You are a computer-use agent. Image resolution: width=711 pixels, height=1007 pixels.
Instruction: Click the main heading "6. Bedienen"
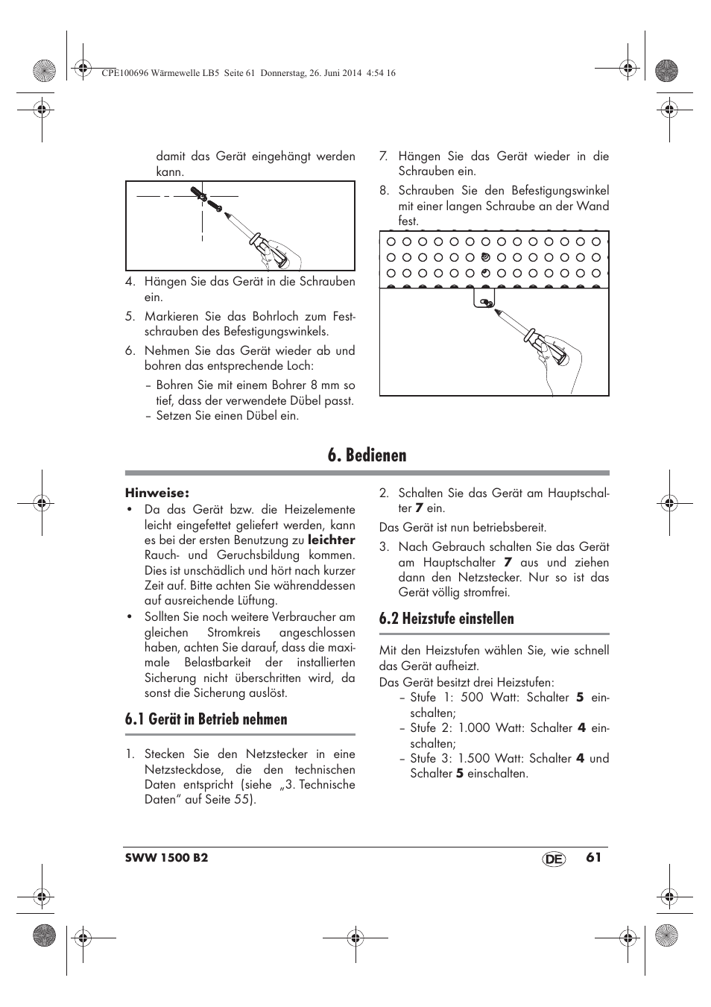[367, 455]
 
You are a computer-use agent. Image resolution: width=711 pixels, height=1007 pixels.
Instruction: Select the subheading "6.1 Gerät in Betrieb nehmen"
[206, 719]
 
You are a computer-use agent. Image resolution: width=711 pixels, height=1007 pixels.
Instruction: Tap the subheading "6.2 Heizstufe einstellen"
[446, 619]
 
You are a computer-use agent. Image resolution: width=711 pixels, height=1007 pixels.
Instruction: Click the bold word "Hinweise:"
[157, 493]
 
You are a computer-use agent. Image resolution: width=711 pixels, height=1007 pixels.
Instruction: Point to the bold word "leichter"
[332, 540]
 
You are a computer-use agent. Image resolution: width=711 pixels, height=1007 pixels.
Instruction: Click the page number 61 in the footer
[593, 857]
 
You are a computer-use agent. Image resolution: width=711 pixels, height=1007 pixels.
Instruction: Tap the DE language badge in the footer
[554, 859]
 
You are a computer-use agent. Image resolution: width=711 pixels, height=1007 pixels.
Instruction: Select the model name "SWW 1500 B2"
[166, 858]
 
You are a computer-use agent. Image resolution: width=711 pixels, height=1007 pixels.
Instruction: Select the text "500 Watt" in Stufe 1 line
[484, 698]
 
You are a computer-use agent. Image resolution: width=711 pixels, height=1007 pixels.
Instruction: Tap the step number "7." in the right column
[384, 157]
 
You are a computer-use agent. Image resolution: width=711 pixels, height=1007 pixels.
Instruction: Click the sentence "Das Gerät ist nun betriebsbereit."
[463, 528]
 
